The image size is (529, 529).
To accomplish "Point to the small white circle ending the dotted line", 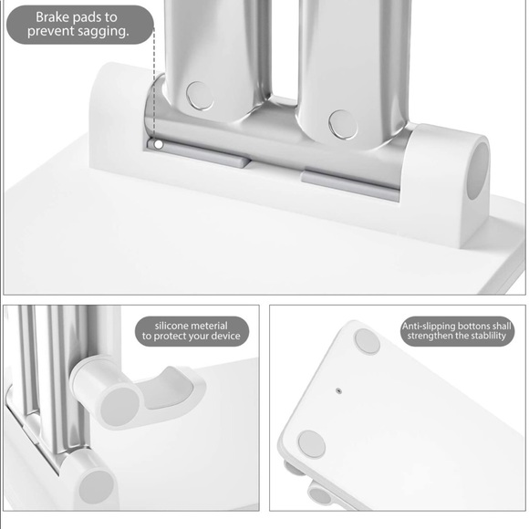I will tap(158, 143).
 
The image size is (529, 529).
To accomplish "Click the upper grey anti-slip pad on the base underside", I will tap(367, 341).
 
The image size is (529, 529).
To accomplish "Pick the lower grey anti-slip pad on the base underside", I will tap(312, 444).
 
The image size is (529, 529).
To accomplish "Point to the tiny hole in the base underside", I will tap(338, 389).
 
